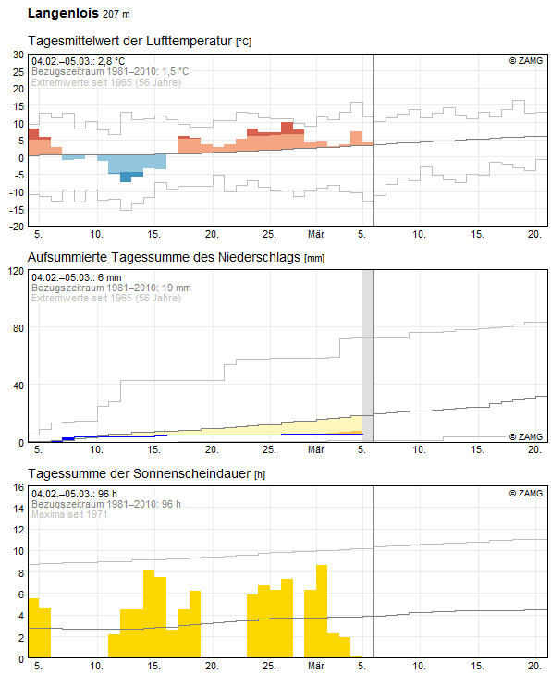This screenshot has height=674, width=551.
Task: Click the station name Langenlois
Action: pos(63,13)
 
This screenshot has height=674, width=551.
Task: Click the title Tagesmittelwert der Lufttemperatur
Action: pos(130,41)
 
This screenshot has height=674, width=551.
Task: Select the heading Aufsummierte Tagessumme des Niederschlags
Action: pos(164,257)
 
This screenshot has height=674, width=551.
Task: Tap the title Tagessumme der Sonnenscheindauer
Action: pos(140,473)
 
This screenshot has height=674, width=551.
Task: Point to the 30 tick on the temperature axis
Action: pos(18,55)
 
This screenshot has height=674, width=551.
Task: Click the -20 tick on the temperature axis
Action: pos(17,227)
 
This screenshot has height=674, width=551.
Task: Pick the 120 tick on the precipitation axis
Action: pos(17,271)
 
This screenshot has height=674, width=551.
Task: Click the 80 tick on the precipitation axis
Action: pos(18,328)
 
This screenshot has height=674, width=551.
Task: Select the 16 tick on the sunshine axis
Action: pos(18,487)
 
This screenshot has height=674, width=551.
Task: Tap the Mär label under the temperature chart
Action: pos(316,234)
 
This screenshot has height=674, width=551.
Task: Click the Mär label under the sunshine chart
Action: pos(316,666)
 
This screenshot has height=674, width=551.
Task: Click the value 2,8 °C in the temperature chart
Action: pos(111,61)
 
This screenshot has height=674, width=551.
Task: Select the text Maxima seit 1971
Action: pos(69,514)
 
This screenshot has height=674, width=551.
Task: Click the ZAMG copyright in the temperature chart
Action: pos(526,61)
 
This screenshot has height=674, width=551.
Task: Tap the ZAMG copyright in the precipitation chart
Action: pos(526,436)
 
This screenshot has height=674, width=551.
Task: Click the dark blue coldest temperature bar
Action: pos(126,178)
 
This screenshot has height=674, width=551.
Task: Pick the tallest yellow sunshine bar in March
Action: pos(322,611)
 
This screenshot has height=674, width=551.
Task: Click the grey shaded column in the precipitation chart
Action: pos(368,356)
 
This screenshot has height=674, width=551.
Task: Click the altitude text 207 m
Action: pos(116,14)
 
